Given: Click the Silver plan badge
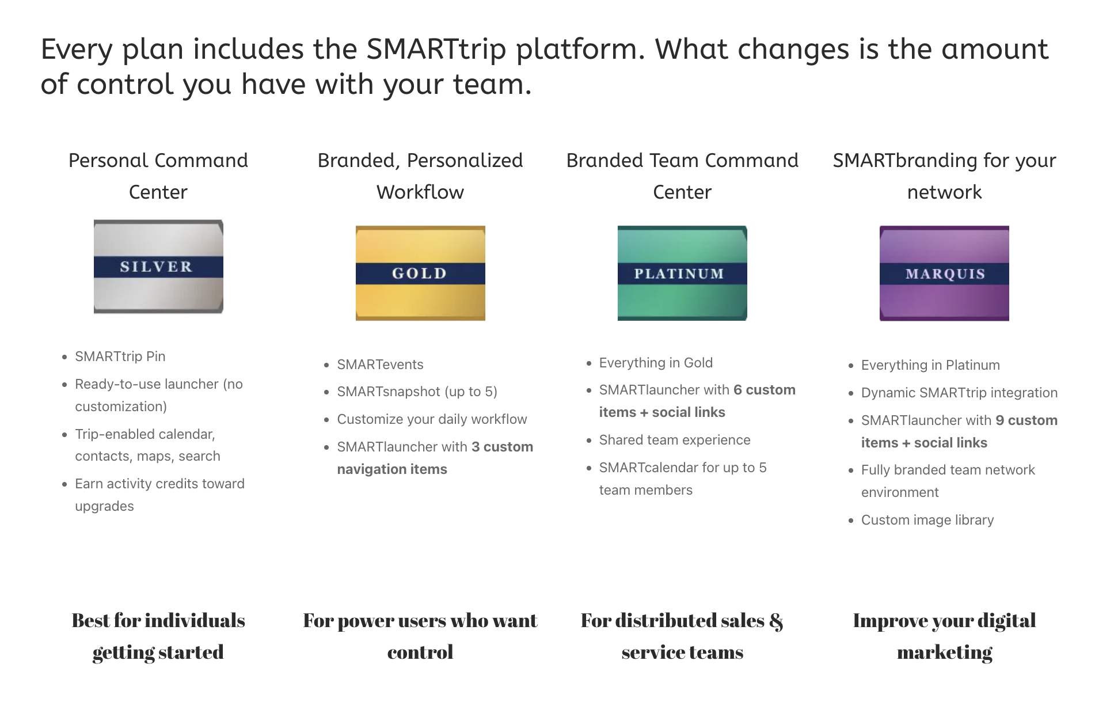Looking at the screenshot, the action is [158, 267].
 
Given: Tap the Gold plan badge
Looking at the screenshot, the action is [420, 273].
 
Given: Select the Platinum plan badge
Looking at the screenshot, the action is [682, 273].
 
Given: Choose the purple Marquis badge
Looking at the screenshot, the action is [944, 273].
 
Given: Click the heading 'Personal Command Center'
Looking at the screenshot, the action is [158, 176].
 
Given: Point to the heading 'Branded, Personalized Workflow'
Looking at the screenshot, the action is [420, 176].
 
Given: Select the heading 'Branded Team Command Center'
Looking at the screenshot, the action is [682, 176].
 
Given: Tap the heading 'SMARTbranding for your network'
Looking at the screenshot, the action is [944, 176].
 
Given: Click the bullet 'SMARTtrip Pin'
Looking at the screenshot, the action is [120, 356].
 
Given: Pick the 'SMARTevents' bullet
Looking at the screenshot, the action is [380, 365].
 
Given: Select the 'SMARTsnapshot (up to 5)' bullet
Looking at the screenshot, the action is [417, 392].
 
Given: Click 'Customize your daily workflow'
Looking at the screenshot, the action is [432, 419].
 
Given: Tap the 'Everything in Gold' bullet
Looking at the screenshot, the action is [656, 363].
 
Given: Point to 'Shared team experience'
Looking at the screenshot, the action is [675, 440].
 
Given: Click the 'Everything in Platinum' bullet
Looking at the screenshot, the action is [930, 365].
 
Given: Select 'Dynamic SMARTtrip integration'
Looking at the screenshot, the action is [959, 393].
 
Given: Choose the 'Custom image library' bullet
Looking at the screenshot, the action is [927, 520].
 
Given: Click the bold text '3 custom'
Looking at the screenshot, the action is [502, 447].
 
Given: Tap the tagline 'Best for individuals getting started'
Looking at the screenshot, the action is [158, 636].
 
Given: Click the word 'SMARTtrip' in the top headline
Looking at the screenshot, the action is [436, 49].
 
